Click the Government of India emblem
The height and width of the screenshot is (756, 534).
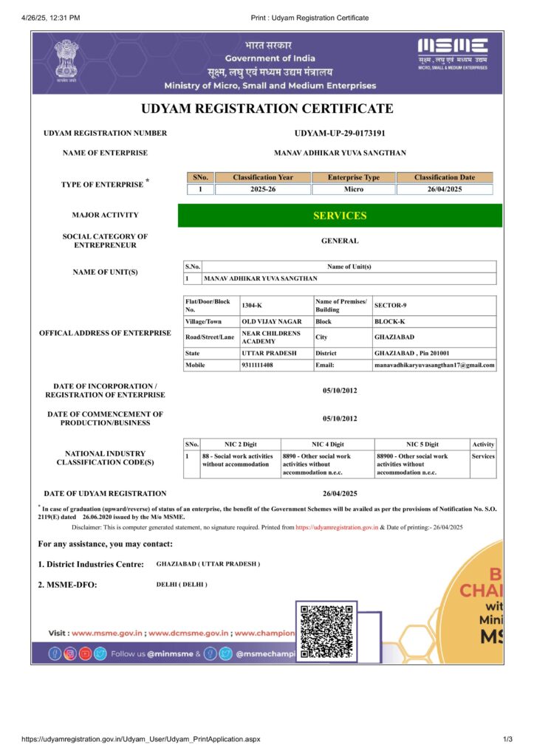[x=66, y=62]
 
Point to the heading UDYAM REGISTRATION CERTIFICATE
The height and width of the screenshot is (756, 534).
[x=267, y=109]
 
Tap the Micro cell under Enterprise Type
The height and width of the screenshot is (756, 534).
[x=353, y=190]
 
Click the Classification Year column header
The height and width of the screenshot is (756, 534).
[x=263, y=177]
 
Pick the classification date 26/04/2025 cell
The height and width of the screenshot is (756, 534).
[x=445, y=190]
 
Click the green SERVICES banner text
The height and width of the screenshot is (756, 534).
[x=340, y=216]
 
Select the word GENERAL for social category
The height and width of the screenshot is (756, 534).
[x=340, y=241]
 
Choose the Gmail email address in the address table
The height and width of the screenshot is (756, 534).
[x=434, y=365]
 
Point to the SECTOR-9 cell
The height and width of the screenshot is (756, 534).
[x=390, y=306]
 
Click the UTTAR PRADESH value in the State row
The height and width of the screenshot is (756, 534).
[x=269, y=353]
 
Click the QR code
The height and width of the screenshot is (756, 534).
[x=327, y=631]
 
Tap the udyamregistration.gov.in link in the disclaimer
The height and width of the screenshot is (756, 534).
[x=337, y=527]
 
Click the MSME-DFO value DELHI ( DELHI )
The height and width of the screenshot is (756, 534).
[x=182, y=584]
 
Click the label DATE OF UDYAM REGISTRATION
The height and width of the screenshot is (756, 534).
[x=105, y=493]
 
